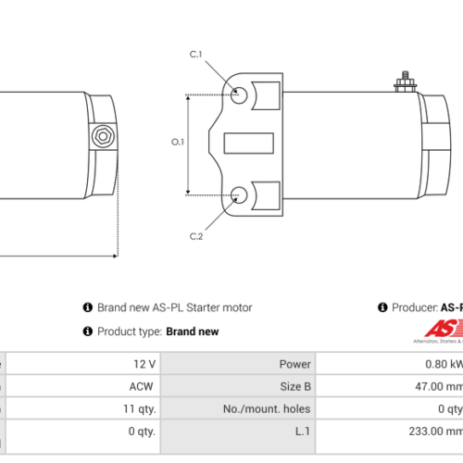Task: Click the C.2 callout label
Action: tap(196, 237)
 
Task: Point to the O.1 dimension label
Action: tap(179, 143)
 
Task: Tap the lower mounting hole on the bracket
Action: tap(239, 194)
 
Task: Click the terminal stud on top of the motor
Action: tap(404, 83)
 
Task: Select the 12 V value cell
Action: tap(144, 365)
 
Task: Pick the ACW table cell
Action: tap(143, 387)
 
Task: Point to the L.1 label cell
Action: tap(301, 432)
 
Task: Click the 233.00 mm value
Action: tap(441, 432)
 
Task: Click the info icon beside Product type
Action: tap(88, 332)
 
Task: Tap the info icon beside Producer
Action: tap(382, 307)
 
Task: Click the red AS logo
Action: tap(443, 329)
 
